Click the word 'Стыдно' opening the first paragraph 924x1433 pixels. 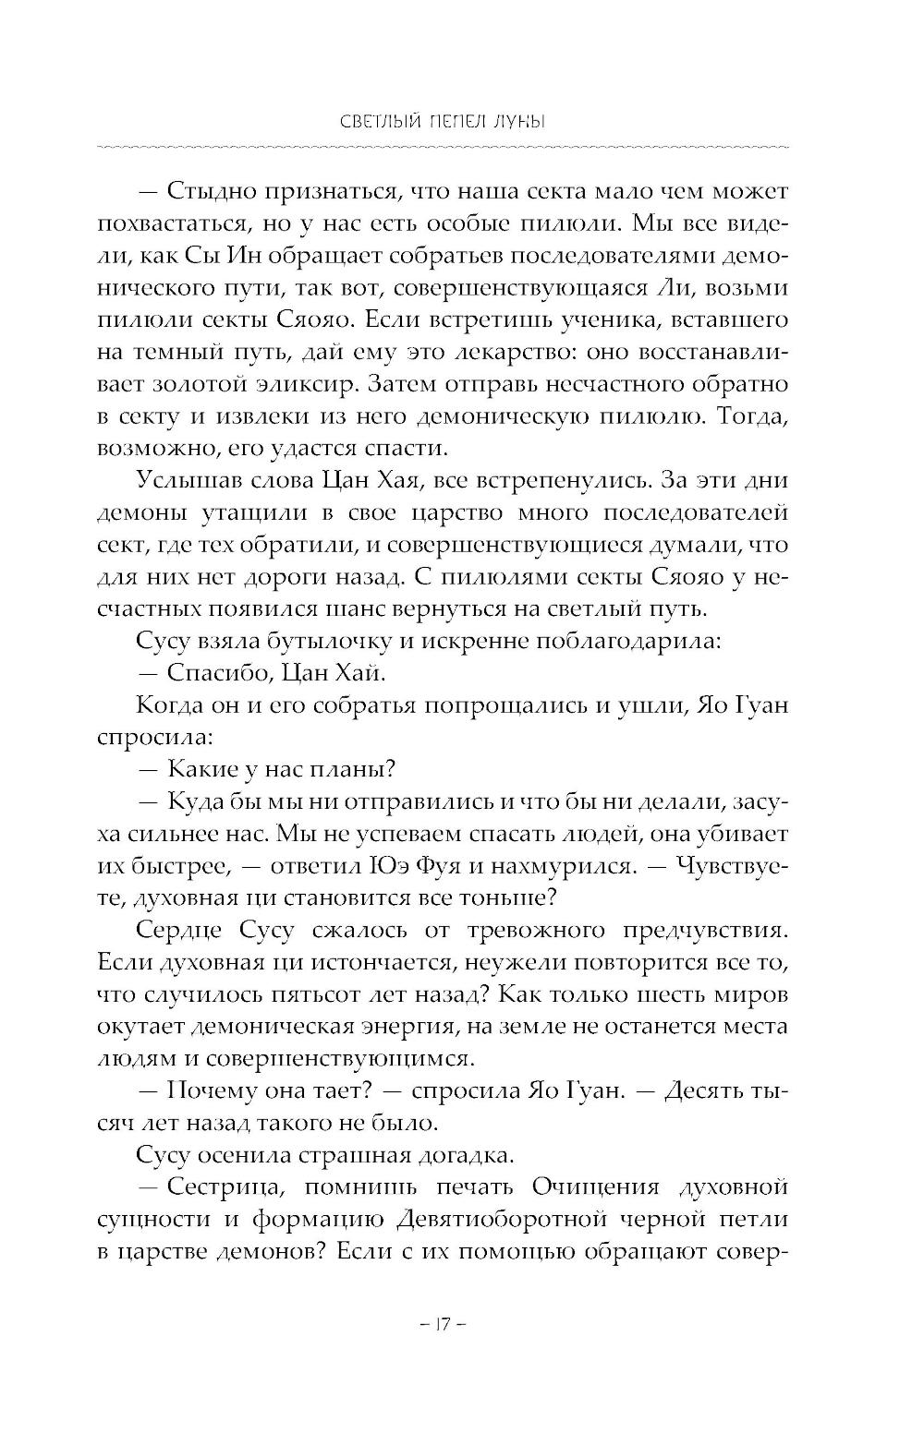click(x=215, y=191)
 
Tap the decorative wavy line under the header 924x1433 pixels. click(x=442, y=147)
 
